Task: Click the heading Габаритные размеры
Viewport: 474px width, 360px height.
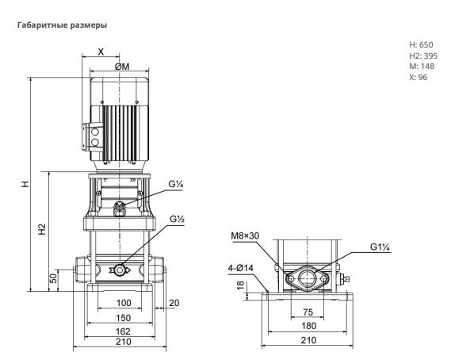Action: [x=63, y=25]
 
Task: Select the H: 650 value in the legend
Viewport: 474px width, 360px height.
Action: [x=421, y=44]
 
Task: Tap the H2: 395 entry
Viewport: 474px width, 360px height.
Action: [x=423, y=56]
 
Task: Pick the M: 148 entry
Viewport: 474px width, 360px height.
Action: [x=422, y=67]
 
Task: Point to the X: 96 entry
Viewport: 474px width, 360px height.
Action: [x=419, y=77]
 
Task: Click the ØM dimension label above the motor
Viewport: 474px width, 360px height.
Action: [x=122, y=67]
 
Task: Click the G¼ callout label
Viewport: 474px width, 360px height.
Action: [x=176, y=184]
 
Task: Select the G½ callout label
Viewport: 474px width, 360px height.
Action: [x=177, y=219]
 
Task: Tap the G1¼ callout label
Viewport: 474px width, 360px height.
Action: [x=380, y=247]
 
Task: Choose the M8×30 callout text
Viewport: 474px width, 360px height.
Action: [x=245, y=236]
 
